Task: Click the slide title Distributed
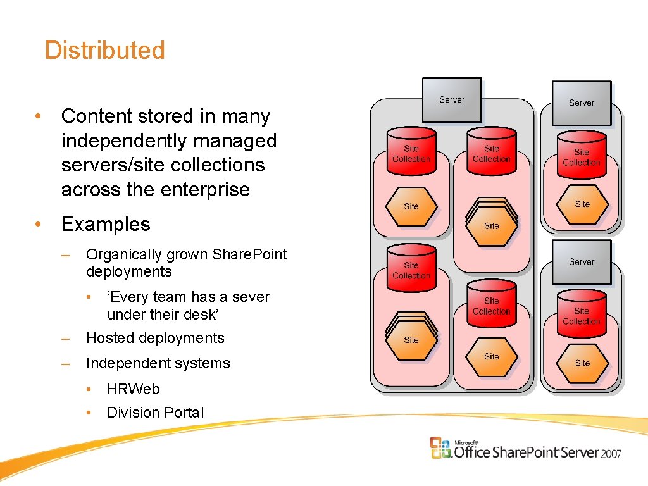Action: point(104,51)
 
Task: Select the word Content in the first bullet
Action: point(97,116)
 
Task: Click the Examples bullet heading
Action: point(106,225)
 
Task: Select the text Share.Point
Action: point(250,254)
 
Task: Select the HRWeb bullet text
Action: point(134,389)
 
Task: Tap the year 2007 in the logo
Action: point(612,453)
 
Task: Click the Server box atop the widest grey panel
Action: point(452,99)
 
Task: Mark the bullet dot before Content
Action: point(39,116)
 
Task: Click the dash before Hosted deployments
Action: point(65,339)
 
